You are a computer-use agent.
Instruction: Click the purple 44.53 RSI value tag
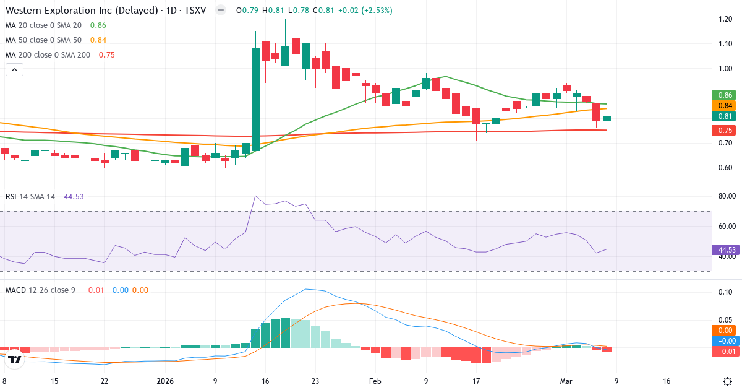[x=726, y=250]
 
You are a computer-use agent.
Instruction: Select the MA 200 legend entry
[x=48, y=54]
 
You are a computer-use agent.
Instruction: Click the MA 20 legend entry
[x=45, y=25]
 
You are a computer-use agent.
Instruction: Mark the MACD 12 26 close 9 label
[x=40, y=290]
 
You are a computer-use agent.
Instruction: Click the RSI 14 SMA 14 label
[x=30, y=196]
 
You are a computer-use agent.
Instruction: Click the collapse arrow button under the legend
[x=14, y=70]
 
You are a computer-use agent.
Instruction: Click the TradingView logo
[x=15, y=358]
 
